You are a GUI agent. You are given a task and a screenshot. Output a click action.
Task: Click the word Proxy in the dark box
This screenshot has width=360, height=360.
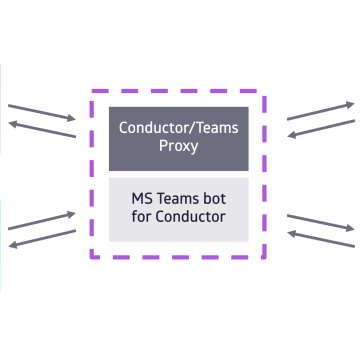[x=178, y=146]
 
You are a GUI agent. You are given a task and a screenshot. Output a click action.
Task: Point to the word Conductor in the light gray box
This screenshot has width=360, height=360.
[x=190, y=216]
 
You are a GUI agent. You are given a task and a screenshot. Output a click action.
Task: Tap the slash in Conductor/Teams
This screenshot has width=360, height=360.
[x=192, y=127]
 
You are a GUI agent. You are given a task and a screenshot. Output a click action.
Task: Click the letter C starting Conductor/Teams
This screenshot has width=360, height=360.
[x=123, y=127]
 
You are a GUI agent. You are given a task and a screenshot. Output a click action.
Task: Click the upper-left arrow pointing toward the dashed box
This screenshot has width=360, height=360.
[x=42, y=113]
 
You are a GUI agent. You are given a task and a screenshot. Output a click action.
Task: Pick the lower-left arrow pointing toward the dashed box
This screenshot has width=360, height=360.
[x=42, y=220]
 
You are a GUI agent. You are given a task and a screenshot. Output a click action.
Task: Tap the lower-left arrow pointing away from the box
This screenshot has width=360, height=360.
[x=42, y=239]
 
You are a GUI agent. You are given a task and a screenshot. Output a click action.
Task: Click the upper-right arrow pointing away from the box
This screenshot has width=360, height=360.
[x=320, y=110]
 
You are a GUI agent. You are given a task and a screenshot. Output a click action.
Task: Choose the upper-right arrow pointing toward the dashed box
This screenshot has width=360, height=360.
[x=321, y=129]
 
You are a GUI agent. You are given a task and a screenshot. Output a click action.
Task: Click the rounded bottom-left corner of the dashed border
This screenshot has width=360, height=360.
[x=92, y=257]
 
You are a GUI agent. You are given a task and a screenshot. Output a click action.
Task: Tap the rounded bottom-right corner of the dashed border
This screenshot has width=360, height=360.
[x=264, y=257]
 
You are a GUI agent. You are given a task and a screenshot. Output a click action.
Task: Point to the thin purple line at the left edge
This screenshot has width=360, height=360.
[x=0, y=109]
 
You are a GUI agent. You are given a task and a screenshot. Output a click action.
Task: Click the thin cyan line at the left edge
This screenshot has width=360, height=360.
[x=0, y=245]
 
